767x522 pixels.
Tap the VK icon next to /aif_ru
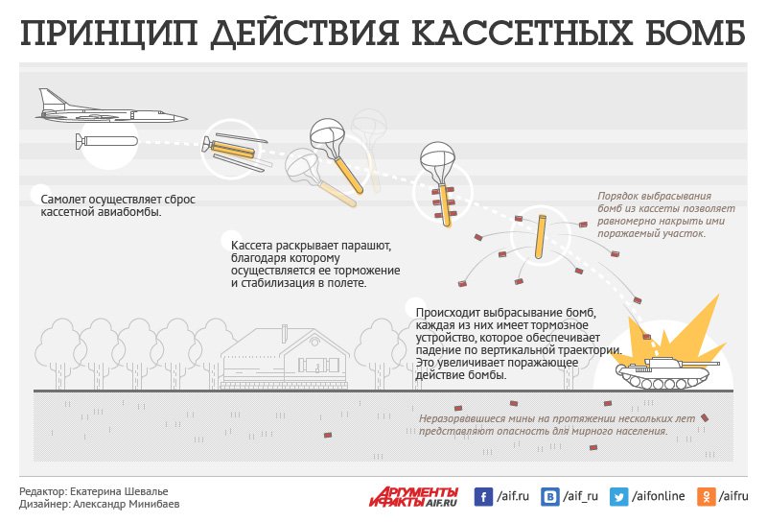551,496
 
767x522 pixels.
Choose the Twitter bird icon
619,496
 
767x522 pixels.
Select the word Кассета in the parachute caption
253,247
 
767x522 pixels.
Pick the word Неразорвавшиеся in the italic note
466,419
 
